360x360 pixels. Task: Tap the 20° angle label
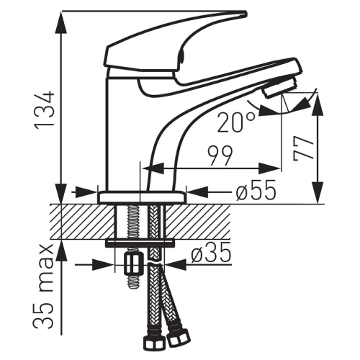236,123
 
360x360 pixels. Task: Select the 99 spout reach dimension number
220,156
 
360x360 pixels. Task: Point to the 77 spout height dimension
304,148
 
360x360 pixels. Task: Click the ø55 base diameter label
256,191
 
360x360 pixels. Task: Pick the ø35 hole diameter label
211,253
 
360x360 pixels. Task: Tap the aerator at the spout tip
280,86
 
